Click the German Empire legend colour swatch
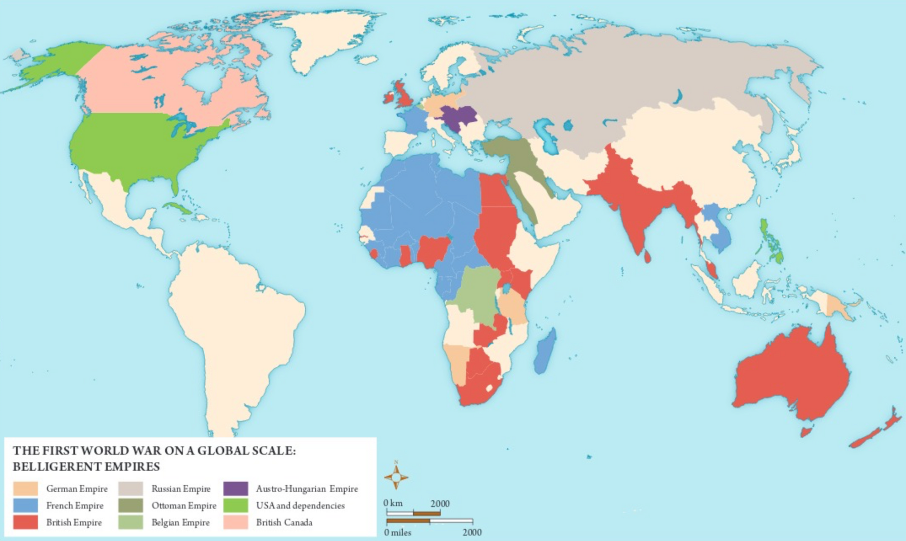click(x=25, y=488)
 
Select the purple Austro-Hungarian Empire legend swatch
click(x=236, y=488)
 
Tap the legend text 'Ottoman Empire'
click(x=184, y=506)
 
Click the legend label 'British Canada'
click(x=284, y=522)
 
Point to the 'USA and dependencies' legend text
click(x=300, y=506)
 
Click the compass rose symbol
click(x=396, y=477)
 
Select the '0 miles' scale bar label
click(x=398, y=532)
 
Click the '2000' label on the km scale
click(x=440, y=503)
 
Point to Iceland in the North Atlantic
click(x=366, y=60)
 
